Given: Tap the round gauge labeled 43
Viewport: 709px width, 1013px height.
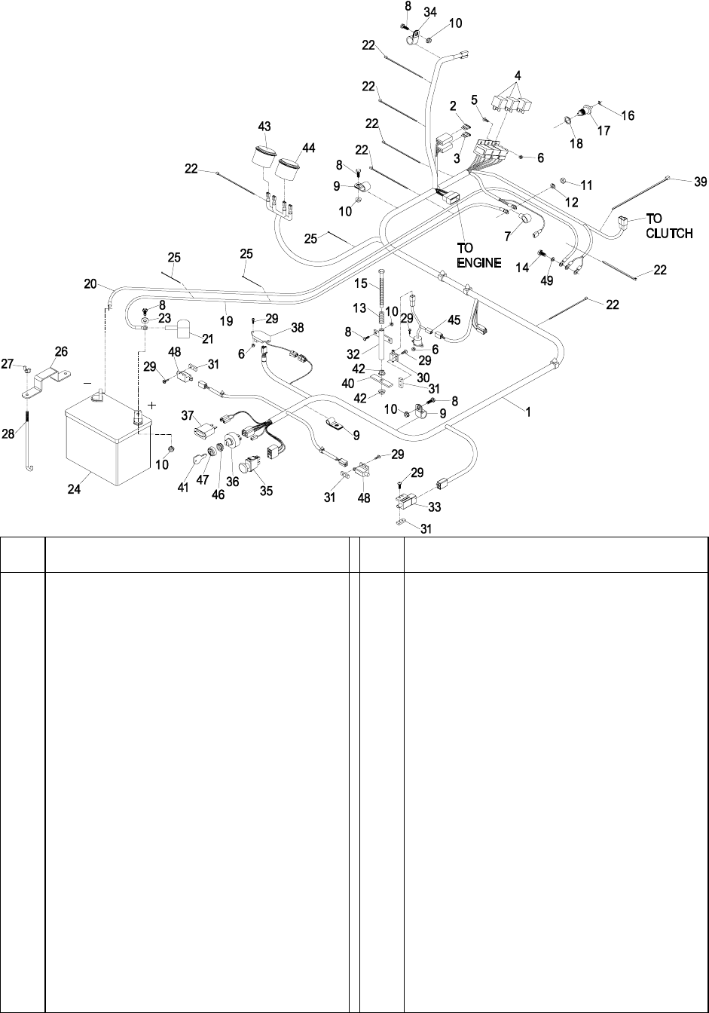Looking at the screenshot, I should click(263, 158).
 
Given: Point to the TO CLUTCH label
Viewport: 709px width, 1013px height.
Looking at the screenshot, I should click(668, 226).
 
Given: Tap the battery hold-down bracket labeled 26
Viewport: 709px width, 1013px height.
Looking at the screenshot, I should click(47, 375).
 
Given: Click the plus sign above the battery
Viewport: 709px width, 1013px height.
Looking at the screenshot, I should click(154, 405).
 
